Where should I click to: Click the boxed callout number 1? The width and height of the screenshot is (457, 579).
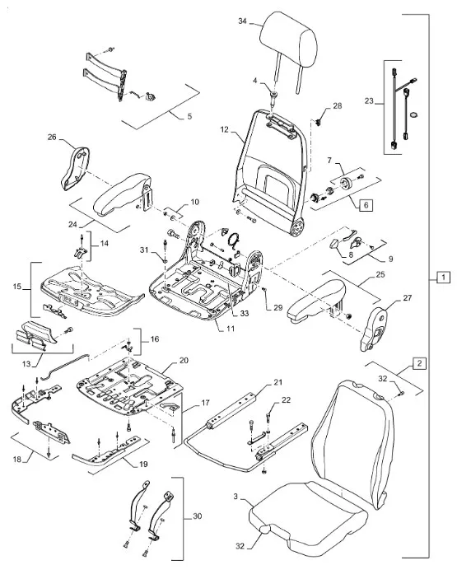tap(443, 277)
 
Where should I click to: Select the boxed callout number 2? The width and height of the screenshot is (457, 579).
tap(419, 363)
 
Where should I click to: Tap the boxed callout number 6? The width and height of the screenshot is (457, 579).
tap(366, 205)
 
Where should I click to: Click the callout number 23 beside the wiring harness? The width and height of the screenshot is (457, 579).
tap(369, 100)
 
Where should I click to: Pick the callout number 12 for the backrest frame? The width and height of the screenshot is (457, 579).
tap(225, 130)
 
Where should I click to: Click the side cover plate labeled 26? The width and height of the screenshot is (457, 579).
tap(75, 168)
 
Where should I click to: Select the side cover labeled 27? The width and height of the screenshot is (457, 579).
tap(373, 329)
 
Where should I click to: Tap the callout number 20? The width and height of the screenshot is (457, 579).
tap(184, 361)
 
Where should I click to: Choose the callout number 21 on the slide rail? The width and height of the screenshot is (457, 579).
tap(278, 382)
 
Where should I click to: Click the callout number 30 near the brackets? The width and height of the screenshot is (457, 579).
tap(198, 516)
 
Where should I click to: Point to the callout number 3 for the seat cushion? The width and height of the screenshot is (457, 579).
tap(235, 497)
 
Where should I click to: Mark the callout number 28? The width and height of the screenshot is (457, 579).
tap(338, 106)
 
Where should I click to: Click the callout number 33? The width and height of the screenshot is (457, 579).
tap(245, 314)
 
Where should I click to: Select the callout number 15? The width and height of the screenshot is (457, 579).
tap(17, 287)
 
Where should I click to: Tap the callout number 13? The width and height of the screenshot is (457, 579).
tap(26, 364)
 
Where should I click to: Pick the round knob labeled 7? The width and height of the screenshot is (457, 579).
tap(347, 183)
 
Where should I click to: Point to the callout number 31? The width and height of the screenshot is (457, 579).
tap(144, 250)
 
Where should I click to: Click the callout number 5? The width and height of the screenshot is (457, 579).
tap(189, 116)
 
